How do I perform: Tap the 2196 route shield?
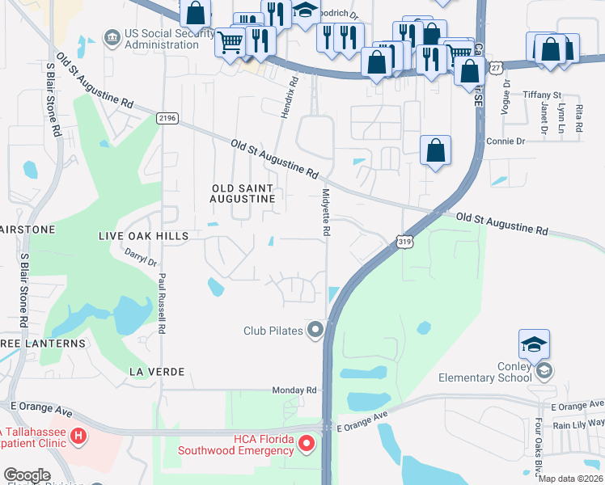167,118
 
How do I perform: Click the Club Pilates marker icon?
315,330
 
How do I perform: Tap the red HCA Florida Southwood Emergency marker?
306,443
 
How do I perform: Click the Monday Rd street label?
294,390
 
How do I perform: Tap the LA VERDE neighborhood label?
157,371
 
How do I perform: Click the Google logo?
27,474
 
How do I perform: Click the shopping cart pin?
231,43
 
